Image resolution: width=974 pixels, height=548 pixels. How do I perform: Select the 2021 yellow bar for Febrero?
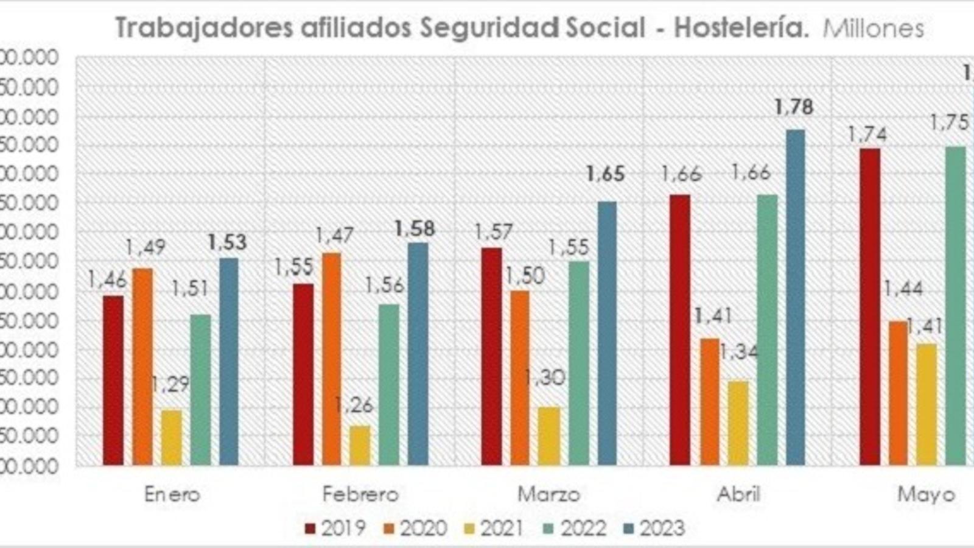(360, 446)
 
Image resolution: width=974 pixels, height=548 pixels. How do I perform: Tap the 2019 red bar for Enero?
(113, 381)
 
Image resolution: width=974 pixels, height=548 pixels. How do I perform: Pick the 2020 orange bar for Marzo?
(520, 378)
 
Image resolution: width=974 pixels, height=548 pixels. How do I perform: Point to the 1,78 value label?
(794, 108)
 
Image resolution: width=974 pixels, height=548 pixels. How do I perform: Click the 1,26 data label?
(354, 406)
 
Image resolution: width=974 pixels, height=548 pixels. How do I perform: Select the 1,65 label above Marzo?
(605, 174)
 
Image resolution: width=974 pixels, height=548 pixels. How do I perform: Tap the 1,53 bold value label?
(227, 242)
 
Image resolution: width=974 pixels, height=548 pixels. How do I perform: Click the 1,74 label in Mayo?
(867, 134)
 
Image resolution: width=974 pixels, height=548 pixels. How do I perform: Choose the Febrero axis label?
(360, 494)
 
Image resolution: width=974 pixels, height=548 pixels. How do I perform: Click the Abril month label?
(738, 494)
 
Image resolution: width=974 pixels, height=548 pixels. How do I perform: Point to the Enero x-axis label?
(172, 494)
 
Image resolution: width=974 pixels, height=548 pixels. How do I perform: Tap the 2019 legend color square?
(310, 529)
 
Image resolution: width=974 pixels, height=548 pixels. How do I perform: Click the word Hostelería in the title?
(741, 29)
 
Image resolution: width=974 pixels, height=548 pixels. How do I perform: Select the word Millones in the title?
(873, 29)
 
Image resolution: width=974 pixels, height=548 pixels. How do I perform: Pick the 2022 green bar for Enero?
(201, 390)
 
